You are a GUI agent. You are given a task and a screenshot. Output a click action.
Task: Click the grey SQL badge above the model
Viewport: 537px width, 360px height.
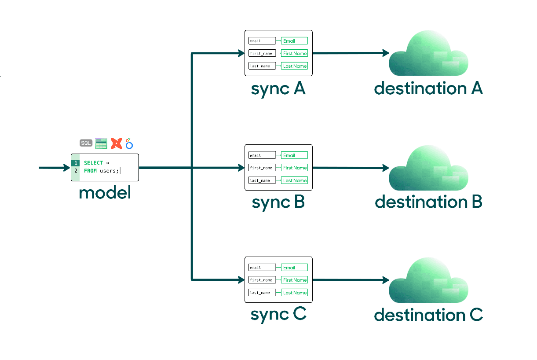coord(86,143)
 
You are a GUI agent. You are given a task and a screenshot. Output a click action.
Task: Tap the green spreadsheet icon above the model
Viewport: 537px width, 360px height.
coord(101,143)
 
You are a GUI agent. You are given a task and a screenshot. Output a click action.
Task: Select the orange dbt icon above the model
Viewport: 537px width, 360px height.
coord(116,143)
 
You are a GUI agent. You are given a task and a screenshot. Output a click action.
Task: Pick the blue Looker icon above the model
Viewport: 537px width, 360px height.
coord(129,143)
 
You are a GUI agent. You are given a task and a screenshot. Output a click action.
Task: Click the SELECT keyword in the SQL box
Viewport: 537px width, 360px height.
coord(93,163)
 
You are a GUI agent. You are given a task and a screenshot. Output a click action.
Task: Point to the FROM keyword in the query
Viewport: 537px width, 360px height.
coord(90,171)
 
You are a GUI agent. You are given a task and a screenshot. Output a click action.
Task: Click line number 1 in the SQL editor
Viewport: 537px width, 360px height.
coord(76,163)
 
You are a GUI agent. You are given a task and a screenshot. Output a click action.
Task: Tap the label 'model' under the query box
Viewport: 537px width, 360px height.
coord(105,193)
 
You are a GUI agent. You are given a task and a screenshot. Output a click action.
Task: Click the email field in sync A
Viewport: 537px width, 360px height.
coord(262,41)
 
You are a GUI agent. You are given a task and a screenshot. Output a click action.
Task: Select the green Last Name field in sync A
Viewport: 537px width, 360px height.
coord(294,66)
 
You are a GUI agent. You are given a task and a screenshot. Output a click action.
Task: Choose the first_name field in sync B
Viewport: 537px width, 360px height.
coord(262,168)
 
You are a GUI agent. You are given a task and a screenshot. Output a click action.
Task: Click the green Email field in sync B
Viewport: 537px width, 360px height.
coord(294,155)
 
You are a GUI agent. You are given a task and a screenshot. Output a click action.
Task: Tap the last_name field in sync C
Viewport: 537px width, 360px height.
coord(262,293)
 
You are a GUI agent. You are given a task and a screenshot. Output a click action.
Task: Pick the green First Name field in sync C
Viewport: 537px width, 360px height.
coord(294,280)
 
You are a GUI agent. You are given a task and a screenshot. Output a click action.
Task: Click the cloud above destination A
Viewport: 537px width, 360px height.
coord(428,55)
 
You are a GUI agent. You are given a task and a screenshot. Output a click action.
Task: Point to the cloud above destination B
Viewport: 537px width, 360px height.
coord(428,169)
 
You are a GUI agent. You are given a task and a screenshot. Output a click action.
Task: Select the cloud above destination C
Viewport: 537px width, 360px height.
coord(428,282)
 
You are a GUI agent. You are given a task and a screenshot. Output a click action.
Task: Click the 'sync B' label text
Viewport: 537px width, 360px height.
coord(278,202)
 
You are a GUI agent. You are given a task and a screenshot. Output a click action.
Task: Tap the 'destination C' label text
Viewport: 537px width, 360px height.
coord(428,315)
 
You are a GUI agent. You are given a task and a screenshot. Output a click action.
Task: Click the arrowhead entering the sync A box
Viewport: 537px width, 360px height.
coord(241,53)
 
